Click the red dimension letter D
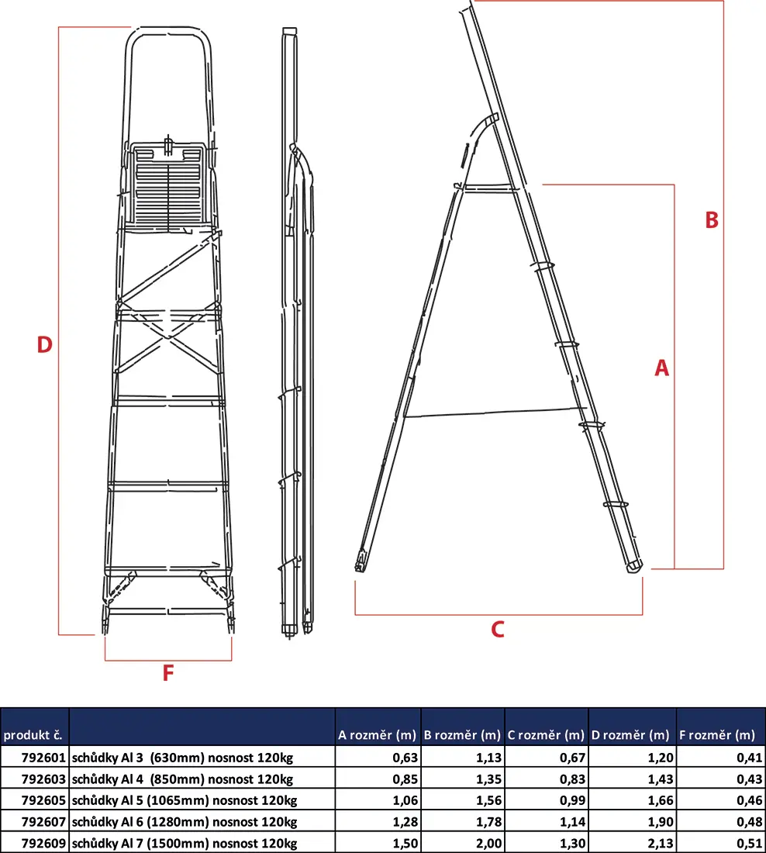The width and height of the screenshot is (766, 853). (45, 344)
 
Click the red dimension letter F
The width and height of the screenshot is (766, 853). (168, 673)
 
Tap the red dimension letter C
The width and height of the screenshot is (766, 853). (497, 629)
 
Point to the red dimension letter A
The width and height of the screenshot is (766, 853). (661, 368)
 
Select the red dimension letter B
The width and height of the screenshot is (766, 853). (712, 219)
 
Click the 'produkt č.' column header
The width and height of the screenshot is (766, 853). (33, 735)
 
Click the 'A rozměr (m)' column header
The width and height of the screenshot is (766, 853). (377, 735)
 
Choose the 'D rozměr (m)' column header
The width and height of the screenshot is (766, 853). (630, 735)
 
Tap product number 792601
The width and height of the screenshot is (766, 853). (43, 758)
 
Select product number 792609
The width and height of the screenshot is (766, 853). (43, 843)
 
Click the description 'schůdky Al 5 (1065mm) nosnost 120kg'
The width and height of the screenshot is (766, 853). (185, 800)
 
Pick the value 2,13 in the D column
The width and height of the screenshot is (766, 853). (661, 843)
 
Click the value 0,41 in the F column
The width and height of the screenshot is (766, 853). (749, 758)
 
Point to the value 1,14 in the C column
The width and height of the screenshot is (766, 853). (573, 822)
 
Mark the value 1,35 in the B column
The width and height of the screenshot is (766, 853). (488, 779)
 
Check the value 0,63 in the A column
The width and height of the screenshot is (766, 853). (405, 758)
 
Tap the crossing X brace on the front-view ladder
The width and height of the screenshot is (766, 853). (169, 342)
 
